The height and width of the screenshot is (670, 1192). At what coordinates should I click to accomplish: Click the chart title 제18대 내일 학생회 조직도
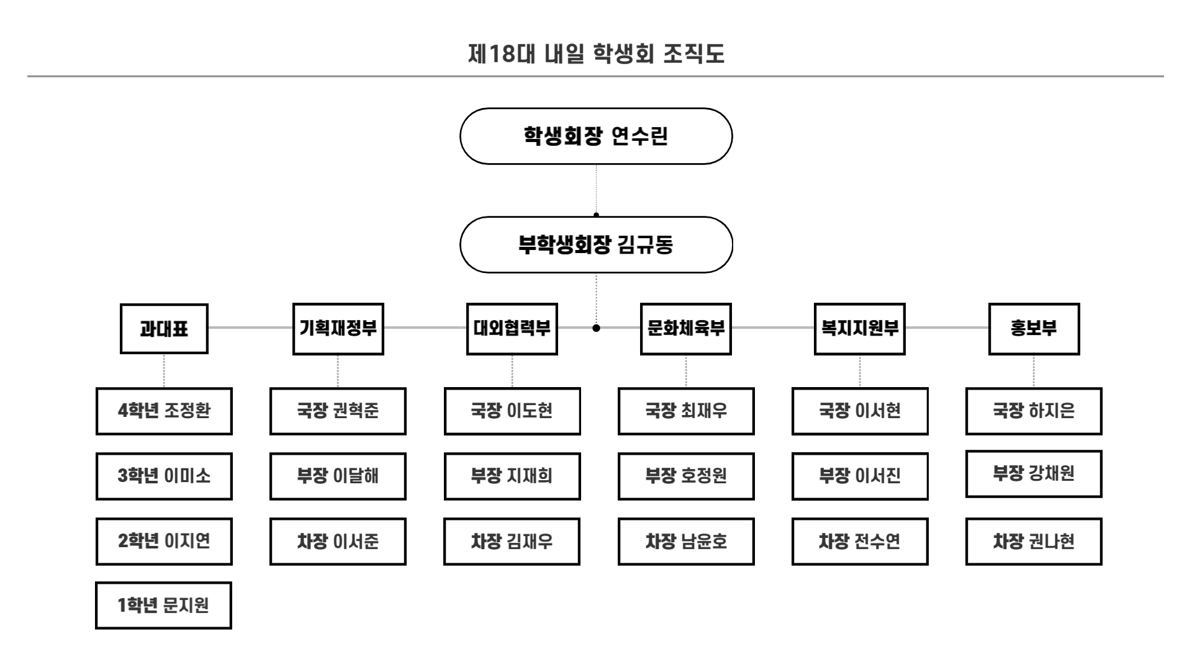tap(596, 54)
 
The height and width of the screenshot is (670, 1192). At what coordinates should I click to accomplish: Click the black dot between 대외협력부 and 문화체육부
tap(596, 328)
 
